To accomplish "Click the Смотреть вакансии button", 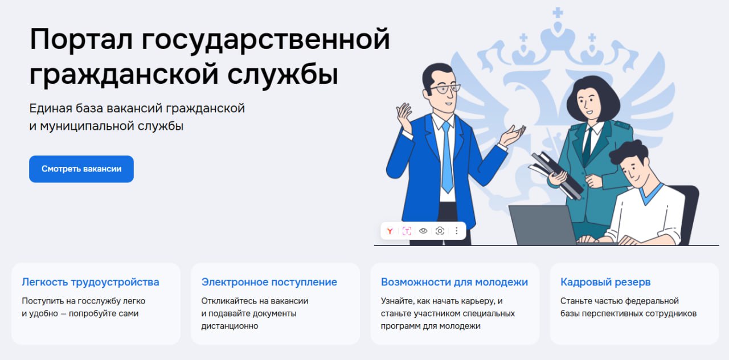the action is point(81,169).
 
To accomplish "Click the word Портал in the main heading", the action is point(81,40).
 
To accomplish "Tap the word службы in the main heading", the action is point(283,75).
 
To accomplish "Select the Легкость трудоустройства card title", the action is point(91,282).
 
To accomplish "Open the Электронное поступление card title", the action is point(269,282).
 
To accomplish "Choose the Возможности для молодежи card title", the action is point(454,282).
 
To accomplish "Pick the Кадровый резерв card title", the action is point(605,282).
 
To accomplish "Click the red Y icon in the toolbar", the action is point(390,231).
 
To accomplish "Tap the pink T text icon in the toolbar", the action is point(407,231).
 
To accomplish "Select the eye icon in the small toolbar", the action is point(423,231).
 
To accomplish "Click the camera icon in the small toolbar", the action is point(440,231).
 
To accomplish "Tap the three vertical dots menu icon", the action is point(457,231).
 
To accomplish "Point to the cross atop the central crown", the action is point(558,13).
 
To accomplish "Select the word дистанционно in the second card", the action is point(230,326).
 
